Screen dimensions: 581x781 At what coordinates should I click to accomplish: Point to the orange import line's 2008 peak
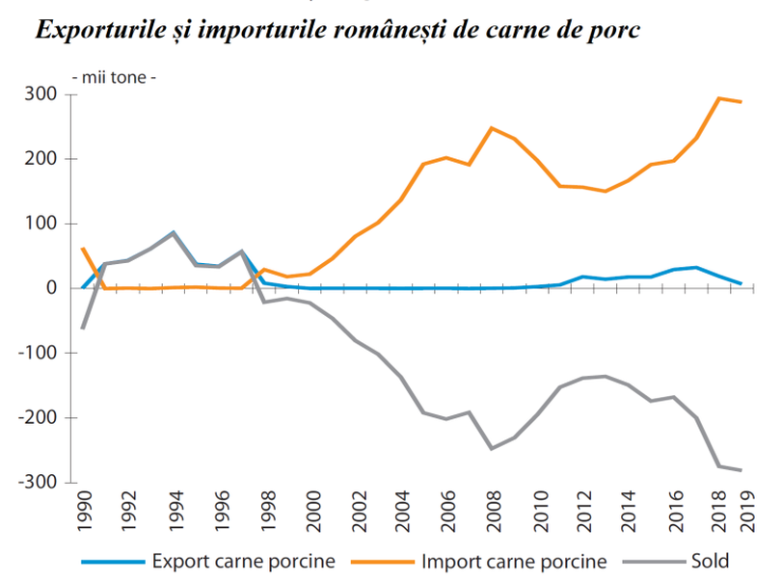coord(492,128)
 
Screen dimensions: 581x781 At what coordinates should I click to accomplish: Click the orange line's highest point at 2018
coord(718,98)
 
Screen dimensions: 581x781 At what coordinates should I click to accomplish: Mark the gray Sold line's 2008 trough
coord(492,448)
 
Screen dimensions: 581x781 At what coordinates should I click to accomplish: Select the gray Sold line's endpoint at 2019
coord(741,470)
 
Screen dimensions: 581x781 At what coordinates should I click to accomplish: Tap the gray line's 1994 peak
coord(174,232)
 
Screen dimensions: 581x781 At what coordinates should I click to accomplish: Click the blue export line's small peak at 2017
coord(696,268)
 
